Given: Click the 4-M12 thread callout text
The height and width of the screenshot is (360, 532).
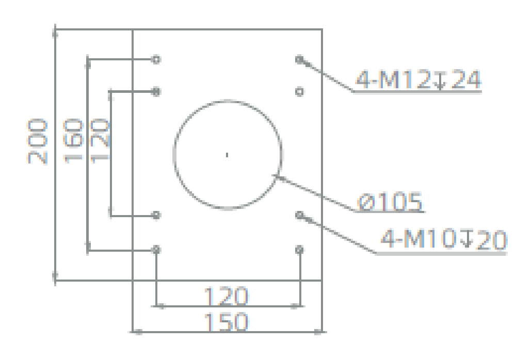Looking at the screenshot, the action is point(418,79).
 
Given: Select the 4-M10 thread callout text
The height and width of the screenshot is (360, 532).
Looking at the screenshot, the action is point(444,239).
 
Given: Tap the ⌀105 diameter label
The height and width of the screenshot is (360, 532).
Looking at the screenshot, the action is point(390,202).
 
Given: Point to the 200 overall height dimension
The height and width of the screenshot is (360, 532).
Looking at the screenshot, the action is point(37,141).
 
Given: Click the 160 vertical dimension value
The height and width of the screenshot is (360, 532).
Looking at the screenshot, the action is point(73,141).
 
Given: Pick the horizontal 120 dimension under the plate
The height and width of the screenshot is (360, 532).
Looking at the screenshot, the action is point(226,296).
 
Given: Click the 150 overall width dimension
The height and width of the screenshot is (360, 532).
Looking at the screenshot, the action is point(226,322).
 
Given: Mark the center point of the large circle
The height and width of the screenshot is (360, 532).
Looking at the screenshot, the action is point(227,155).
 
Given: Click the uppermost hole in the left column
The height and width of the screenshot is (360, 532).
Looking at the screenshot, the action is point(156,60).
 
